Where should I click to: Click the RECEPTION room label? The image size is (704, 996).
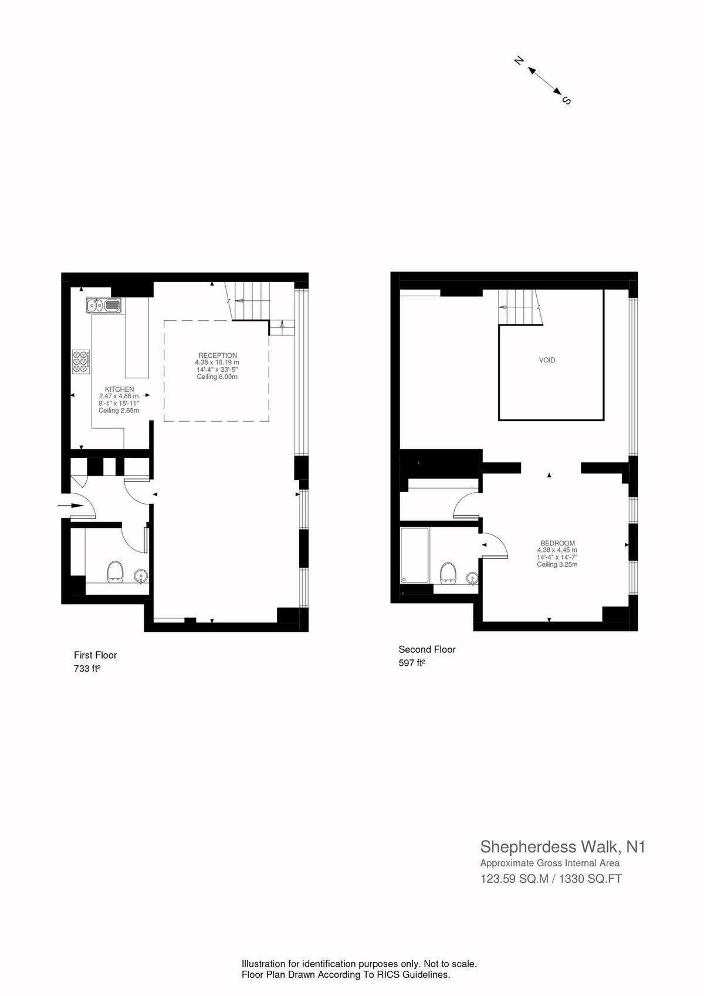pos(218,355)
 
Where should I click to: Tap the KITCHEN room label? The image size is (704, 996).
pos(119,389)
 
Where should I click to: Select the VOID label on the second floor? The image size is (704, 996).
pos(547,360)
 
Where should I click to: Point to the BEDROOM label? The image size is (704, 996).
pos(558,543)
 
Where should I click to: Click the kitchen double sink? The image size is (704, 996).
pos(104,305)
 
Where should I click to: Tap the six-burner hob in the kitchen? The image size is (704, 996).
pos(82,361)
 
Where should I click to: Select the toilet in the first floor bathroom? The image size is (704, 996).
pos(115,571)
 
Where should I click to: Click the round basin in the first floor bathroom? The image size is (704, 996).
pos(141,576)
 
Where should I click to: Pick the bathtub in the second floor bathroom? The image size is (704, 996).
pos(415,555)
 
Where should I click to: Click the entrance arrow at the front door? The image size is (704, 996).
pos(70,505)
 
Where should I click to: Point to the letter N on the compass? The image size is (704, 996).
pos(519,61)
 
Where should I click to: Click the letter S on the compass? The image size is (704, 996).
pos(567,100)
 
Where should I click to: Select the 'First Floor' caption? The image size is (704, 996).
pos(95,655)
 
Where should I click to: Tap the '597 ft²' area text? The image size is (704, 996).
pos(411,663)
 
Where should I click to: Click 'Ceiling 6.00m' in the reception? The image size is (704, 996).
pos(218,377)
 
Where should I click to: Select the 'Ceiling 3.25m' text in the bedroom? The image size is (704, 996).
pos(557,564)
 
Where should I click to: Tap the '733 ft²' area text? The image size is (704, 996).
pos(87,668)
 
